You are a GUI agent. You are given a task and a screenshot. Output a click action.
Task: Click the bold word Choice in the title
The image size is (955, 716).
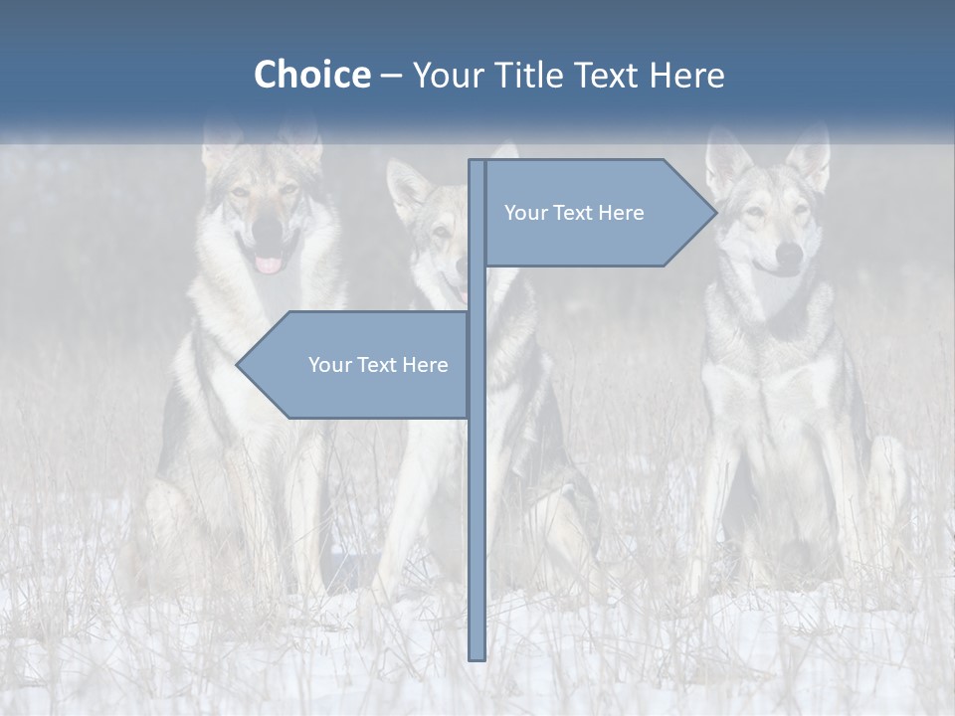point(311,75)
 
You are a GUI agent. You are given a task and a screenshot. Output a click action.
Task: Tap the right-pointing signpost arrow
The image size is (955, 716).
point(597,213)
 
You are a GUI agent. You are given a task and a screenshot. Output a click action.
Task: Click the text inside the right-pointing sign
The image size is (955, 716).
point(574,213)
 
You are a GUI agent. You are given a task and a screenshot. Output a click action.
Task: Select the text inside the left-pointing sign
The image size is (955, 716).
point(378,365)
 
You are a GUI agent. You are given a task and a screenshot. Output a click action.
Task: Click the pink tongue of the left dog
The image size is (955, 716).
point(269,265)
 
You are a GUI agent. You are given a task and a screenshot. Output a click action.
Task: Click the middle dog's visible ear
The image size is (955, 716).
point(407,189)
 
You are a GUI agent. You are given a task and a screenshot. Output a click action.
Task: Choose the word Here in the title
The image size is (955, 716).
point(686,75)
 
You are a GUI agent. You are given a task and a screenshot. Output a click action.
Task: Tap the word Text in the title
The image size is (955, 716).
point(608,75)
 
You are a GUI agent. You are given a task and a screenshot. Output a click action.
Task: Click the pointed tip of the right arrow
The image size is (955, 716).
point(714,213)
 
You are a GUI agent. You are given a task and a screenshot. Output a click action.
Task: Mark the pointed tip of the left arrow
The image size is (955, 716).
point(239,365)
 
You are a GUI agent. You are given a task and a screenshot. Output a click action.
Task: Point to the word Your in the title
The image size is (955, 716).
point(447,75)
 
